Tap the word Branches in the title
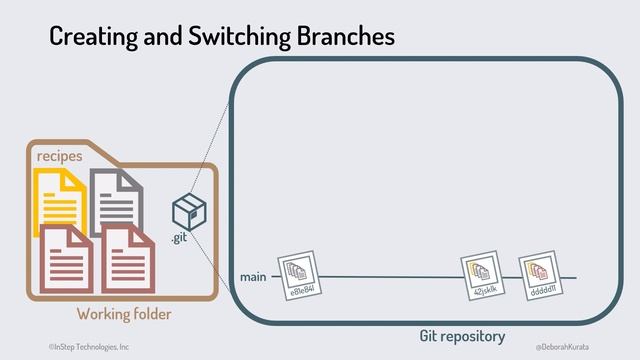[x=345, y=37]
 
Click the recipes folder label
[x=59, y=157]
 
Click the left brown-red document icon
[x=67, y=258]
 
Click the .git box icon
[x=188, y=211]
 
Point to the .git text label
[x=178, y=238]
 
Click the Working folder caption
[x=124, y=314]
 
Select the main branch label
[x=253, y=276]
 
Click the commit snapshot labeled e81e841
[x=297, y=274]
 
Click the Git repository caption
[x=462, y=336]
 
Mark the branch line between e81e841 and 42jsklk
[x=390, y=277]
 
